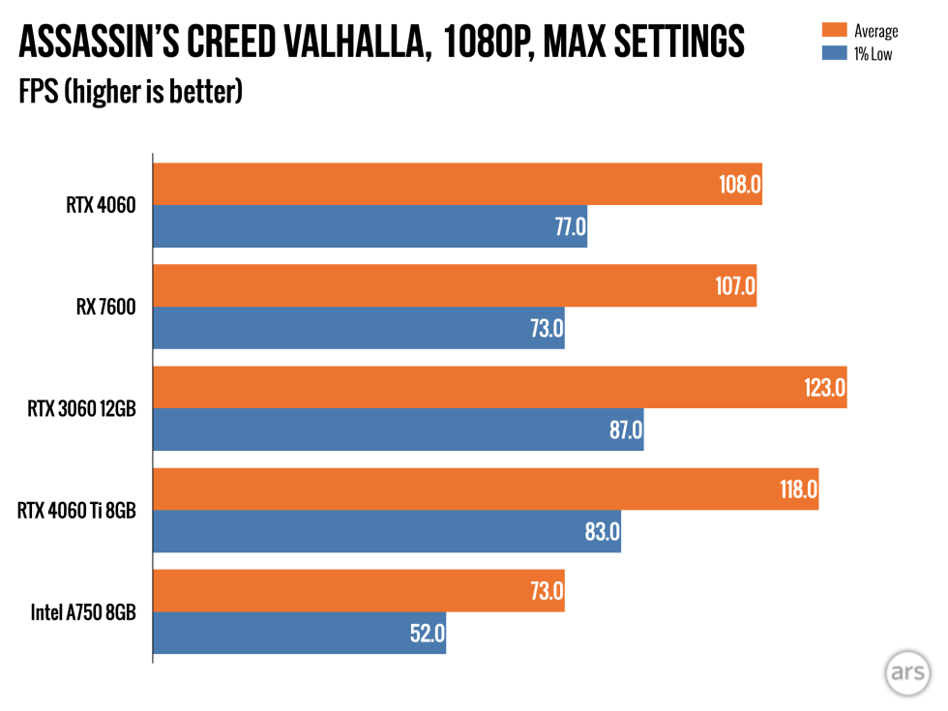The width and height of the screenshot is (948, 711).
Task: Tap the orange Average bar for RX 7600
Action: [x=454, y=286]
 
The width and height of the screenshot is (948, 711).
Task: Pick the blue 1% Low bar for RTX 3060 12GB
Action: [x=398, y=430]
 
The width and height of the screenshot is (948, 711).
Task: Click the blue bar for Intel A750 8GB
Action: [x=299, y=633]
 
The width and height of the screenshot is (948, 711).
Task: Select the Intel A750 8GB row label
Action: [x=82, y=612]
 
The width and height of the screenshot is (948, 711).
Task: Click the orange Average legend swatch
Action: [x=833, y=31]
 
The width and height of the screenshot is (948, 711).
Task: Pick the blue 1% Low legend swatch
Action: [x=833, y=53]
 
